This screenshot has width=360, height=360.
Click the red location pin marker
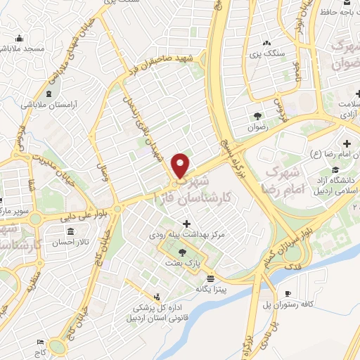181,166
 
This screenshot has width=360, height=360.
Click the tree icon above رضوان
257,117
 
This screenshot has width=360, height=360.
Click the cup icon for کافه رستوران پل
288,294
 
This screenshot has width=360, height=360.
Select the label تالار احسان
70,242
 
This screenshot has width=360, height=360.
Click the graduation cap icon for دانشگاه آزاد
336,170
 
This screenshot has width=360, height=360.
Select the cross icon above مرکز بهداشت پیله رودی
186,223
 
